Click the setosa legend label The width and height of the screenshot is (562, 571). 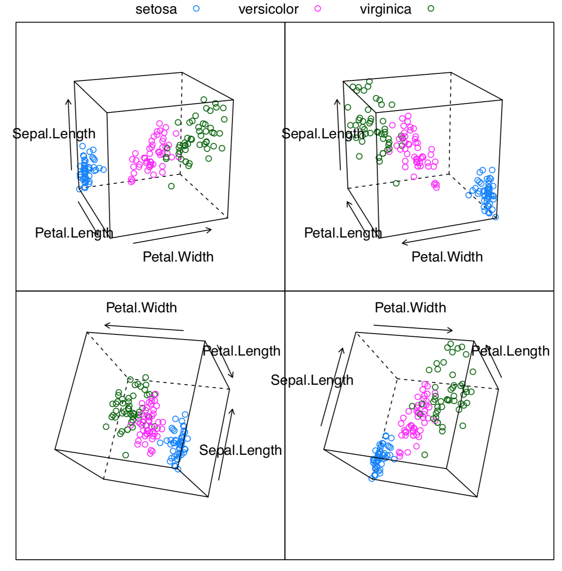click(156, 9)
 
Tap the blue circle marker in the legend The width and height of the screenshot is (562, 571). click(196, 8)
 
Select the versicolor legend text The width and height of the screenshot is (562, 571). click(268, 9)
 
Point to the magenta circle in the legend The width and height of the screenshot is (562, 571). click(318, 8)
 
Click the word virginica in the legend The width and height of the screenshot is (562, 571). click(385, 9)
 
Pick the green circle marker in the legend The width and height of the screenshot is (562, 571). click(431, 8)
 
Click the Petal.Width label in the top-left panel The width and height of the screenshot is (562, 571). click(178, 257)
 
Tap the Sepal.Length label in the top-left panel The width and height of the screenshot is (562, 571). click(54, 134)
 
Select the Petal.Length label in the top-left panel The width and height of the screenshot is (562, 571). click(74, 233)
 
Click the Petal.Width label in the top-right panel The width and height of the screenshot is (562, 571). click(447, 257)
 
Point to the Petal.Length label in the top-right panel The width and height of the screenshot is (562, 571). click(343, 233)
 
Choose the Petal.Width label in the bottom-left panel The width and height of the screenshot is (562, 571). click(141, 308)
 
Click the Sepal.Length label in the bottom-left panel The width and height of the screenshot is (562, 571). click(240, 450)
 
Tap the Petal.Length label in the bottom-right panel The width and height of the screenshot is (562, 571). click(510, 351)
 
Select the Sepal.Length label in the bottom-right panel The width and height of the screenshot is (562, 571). click(312, 380)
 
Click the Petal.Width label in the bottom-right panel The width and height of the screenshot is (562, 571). click(410, 308)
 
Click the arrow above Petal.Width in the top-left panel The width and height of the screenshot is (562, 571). click(172, 237)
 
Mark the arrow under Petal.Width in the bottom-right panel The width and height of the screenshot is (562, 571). click(413, 327)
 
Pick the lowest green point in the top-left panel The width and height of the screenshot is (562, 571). click(171, 186)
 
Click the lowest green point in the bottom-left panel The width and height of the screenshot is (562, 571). click(126, 455)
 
